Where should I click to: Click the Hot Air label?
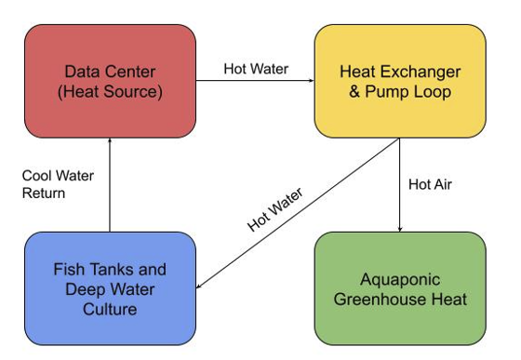[431, 183]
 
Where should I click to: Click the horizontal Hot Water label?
[256, 69]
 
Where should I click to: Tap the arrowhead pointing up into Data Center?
[110, 142]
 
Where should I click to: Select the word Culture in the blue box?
[110, 309]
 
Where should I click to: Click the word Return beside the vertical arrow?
[45, 193]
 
